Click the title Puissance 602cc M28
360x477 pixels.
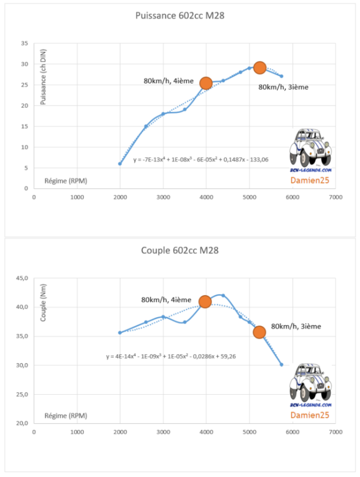(x=180, y=16)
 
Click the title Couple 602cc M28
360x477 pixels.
(x=180, y=250)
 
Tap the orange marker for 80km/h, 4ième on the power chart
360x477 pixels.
(x=206, y=83)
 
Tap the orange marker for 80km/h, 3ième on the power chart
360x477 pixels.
(x=260, y=67)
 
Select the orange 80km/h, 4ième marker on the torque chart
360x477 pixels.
(x=205, y=302)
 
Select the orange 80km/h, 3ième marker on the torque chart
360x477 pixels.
(x=259, y=332)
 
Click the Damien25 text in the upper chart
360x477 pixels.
(x=309, y=180)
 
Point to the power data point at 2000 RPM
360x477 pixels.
(x=120, y=163)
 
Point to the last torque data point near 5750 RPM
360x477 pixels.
(x=281, y=364)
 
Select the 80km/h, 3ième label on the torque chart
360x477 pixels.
(x=296, y=326)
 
